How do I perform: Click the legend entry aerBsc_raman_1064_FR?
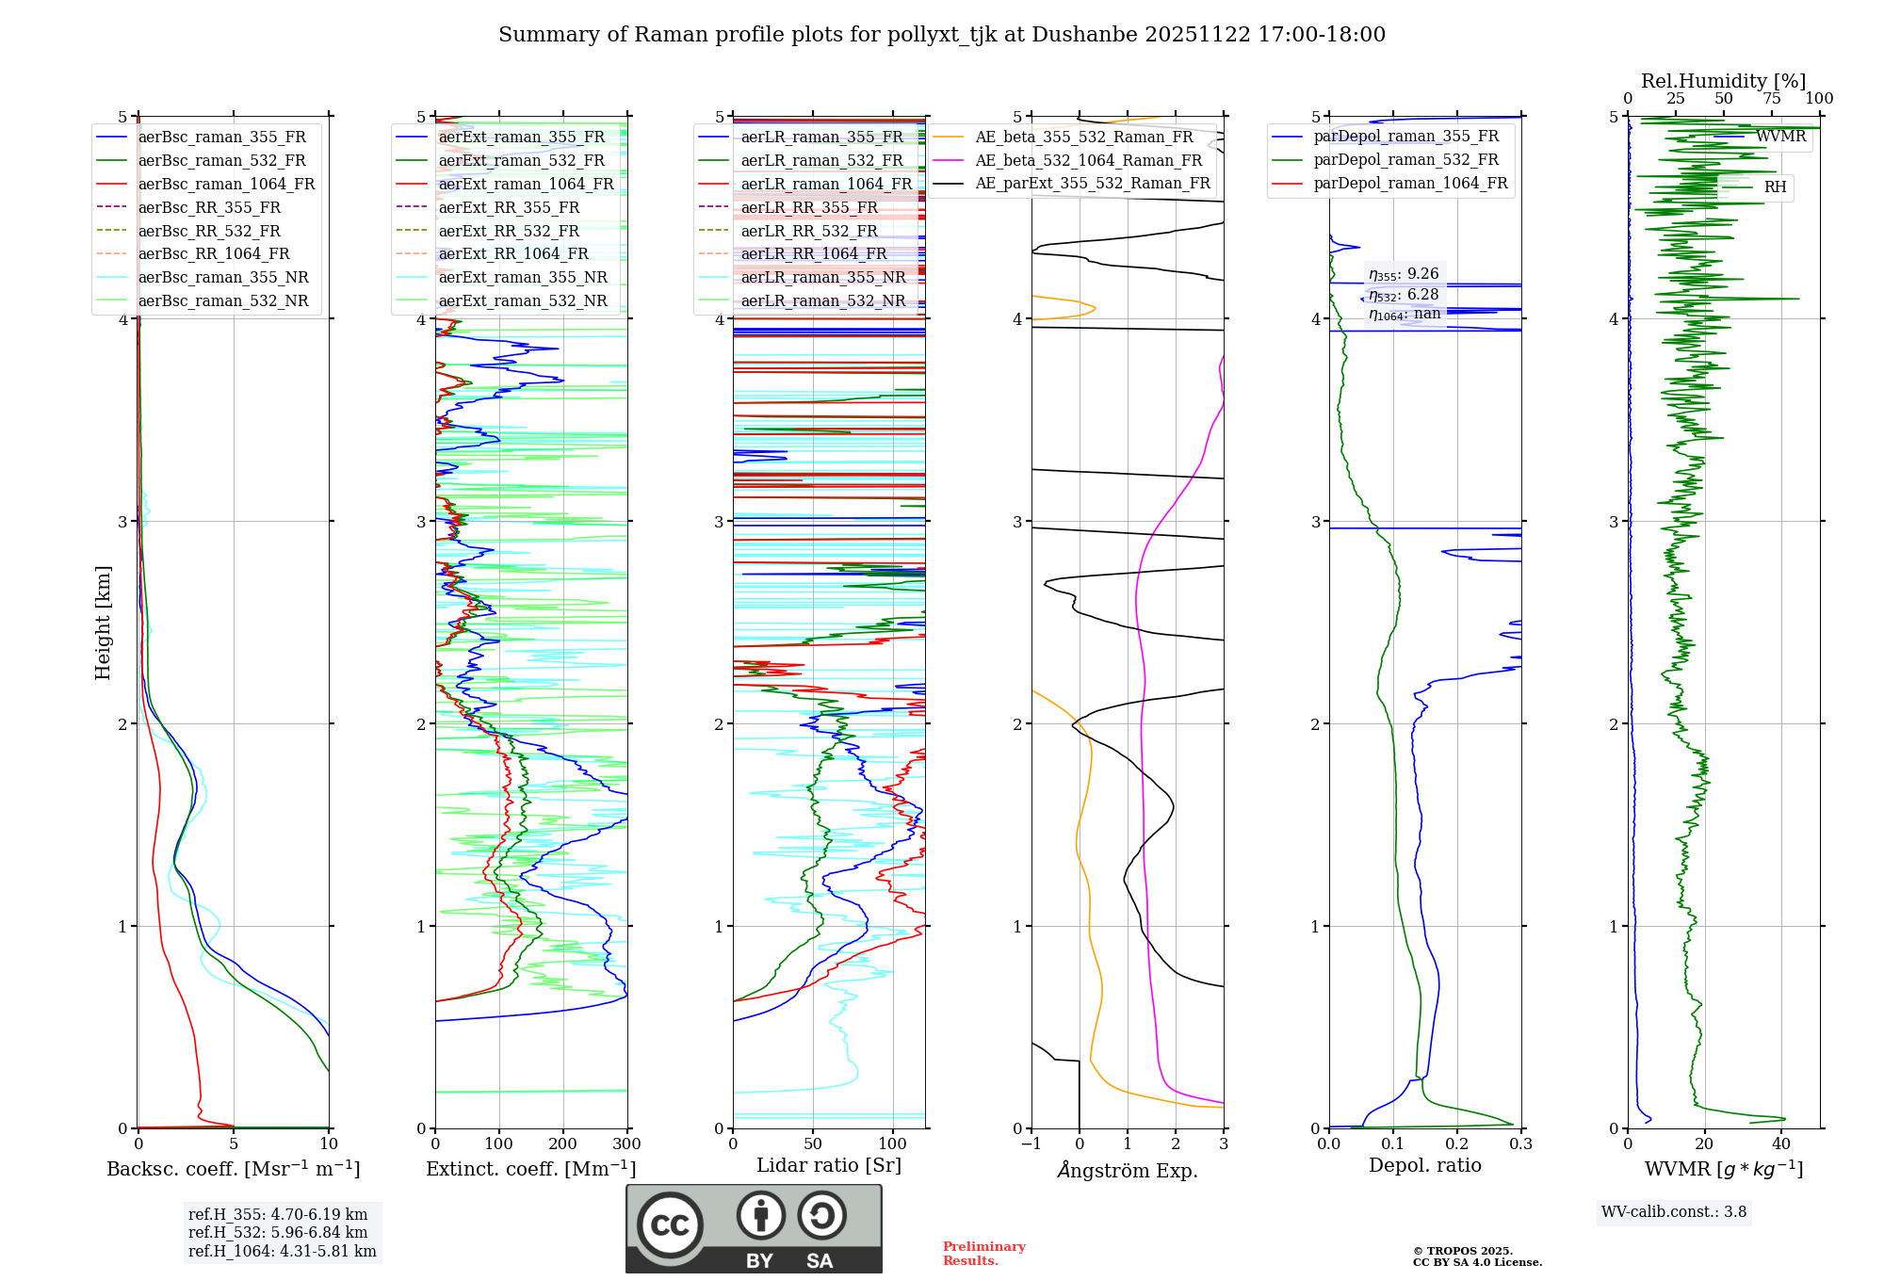(x=226, y=184)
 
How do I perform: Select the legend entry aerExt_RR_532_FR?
(x=509, y=231)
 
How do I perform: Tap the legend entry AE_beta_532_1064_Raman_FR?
(x=1088, y=160)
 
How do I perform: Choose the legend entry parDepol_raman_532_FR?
(x=1405, y=160)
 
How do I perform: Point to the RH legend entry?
(x=1775, y=187)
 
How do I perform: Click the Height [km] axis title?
(x=103, y=622)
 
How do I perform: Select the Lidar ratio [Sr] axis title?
(x=829, y=1165)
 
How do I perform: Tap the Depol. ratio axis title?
(x=1424, y=1165)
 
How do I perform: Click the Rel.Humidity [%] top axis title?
(x=1723, y=81)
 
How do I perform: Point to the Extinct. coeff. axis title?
(x=530, y=1169)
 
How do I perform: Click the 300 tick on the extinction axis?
(x=626, y=1144)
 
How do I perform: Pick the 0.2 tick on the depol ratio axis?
(x=1456, y=1144)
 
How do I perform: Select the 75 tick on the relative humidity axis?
(x=1772, y=98)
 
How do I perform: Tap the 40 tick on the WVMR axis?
(x=1780, y=1144)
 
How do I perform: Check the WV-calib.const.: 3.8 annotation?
(x=1674, y=1212)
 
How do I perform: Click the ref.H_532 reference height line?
(x=278, y=1232)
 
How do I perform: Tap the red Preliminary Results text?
(x=983, y=1254)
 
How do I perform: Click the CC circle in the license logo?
(x=670, y=1225)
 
